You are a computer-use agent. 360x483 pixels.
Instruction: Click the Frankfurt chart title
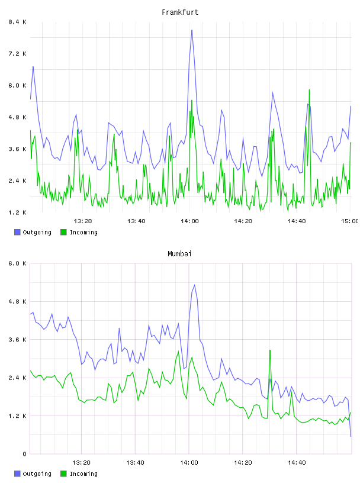pos(180,12)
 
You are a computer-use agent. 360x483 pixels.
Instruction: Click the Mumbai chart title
pos(179,254)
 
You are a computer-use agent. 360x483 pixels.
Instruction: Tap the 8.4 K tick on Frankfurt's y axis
pos(17,22)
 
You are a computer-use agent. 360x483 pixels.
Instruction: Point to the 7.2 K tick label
pos(17,54)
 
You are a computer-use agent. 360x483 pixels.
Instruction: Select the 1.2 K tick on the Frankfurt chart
pos(17,212)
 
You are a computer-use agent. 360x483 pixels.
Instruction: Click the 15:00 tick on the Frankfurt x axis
pos(350,221)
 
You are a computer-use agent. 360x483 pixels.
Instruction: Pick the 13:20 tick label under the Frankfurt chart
pos(83,221)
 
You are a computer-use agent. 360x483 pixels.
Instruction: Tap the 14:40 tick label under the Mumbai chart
pos(297,463)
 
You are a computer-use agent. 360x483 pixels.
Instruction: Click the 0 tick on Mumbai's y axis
pos(24,454)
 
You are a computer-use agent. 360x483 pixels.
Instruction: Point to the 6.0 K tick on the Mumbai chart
pos(17,263)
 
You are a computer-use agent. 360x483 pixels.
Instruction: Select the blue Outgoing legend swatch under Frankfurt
pos(17,232)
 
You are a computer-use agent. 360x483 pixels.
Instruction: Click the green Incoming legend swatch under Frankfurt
pos(63,232)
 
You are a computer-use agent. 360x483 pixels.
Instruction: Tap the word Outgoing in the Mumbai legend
pos(37,474)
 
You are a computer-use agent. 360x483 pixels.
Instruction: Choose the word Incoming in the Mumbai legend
pos(83,474)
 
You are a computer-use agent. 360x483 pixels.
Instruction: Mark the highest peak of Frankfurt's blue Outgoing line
pos(192,30)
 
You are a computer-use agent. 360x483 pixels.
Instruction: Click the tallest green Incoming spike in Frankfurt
pos(309,90)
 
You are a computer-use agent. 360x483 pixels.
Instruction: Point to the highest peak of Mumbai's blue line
pos(194,285)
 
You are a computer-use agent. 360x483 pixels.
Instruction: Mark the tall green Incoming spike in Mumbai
pos(270,350)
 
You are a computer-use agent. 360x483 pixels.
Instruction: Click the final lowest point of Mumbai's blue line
pos(351,436)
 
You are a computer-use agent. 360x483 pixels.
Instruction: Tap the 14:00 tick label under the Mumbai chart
pos(189,463)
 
